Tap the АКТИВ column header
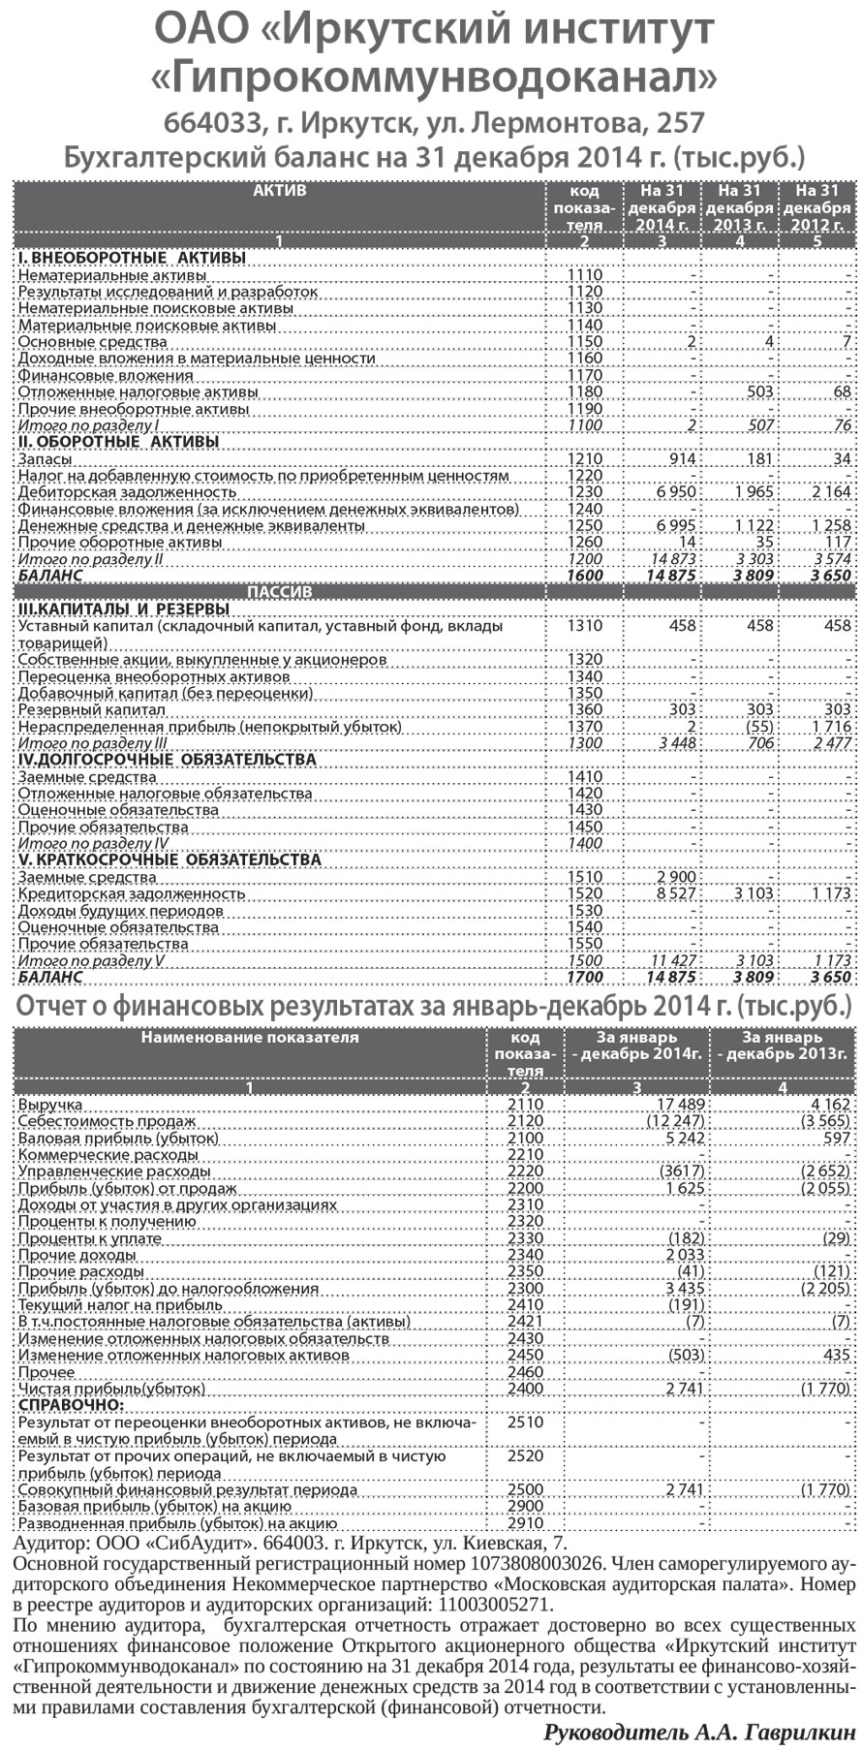(x=279, y=191)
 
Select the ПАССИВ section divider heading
(x=280, y=591)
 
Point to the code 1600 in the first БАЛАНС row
(x=584, y=575)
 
